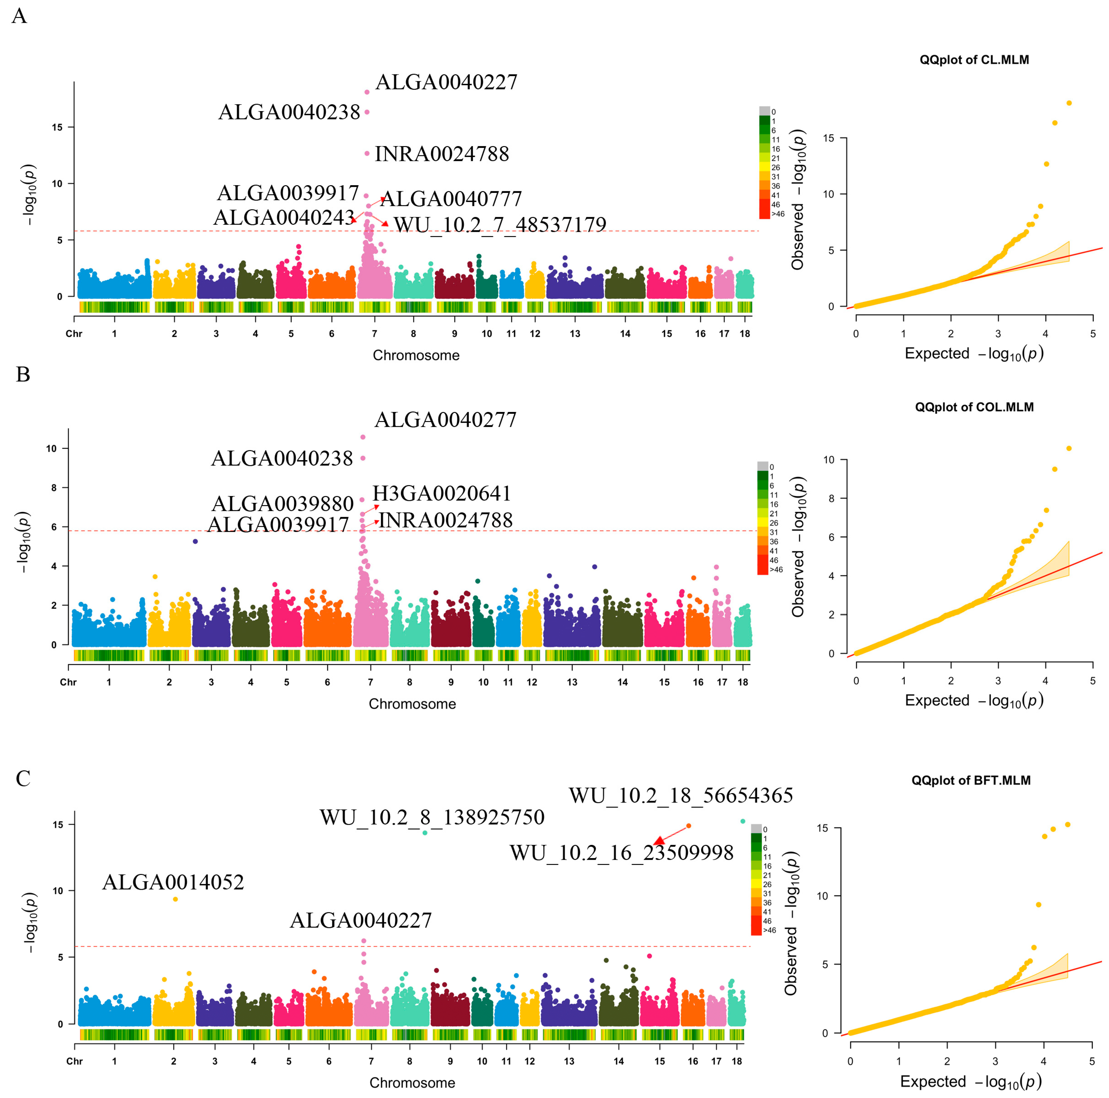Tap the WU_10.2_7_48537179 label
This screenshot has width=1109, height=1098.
499,225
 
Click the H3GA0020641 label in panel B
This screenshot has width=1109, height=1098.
442,493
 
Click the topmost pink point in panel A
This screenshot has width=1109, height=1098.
367,92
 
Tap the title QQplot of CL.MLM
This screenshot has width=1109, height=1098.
974,60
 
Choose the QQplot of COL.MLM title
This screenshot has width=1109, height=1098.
974,407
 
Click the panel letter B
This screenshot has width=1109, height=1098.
23,374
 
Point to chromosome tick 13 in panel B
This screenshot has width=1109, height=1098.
572,682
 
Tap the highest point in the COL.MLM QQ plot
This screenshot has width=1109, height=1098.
1068,448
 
